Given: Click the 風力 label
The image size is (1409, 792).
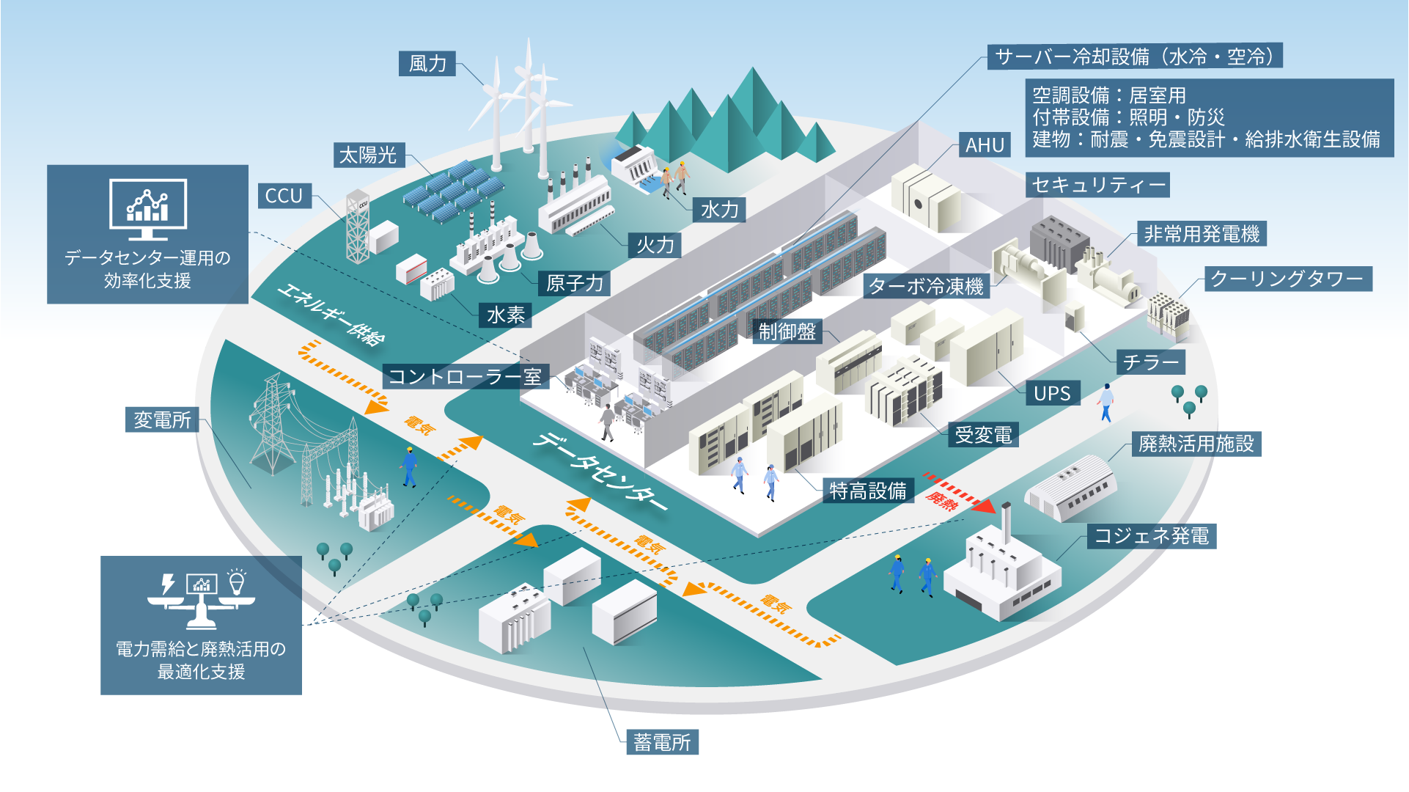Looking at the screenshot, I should (x=427, y=64).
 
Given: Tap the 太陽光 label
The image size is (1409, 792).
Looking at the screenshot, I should (x=368, y=155).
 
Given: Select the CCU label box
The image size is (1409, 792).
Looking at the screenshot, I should (x=284, y=196).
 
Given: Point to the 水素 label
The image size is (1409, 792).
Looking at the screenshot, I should (x=506, y=315).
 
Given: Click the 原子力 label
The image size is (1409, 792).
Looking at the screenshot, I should (x=575, y=283).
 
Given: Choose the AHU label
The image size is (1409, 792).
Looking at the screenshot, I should (x=985, y=145).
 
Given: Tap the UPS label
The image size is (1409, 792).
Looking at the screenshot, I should (x=1052, y=393).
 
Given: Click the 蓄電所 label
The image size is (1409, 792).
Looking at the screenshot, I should (x=662, y=742).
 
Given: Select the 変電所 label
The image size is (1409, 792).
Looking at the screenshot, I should (x=162, y=419).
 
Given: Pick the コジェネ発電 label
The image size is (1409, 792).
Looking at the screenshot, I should (x=1151, y=536).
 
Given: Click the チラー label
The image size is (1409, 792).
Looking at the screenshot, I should (x=1150, y=362).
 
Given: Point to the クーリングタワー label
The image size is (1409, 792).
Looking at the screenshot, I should (x=1287, y=279).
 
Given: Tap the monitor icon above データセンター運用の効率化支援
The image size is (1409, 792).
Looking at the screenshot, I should (x=148, y=208).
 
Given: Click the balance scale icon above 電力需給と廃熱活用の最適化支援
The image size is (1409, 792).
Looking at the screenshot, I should (x=201, y=601).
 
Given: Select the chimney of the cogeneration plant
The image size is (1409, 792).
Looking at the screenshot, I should (x=1007, y=521).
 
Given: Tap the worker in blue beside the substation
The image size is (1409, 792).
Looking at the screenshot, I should (x=409, y=466).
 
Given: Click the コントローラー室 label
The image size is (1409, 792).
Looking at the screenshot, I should (x=465, y=377).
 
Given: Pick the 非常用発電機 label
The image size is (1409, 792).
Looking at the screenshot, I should (x=1202, y=234).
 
